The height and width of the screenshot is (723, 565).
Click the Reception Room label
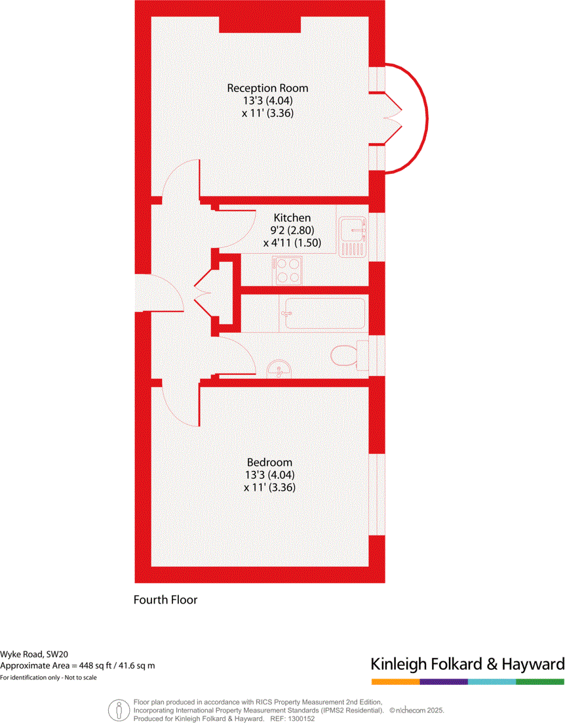tap(267, 88)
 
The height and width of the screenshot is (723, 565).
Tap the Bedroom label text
tap(269, 463)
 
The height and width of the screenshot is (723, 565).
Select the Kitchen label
tap(292, 218)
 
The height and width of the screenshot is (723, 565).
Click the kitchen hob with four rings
tap(288, 270)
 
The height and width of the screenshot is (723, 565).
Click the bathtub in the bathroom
tap(322, 313)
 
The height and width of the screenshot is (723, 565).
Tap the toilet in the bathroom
tap(345, 356)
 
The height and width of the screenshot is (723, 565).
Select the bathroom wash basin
tap(281, 368)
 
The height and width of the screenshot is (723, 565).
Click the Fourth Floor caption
tap(165, 600)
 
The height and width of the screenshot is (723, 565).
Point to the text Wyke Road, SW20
tap(33, 654)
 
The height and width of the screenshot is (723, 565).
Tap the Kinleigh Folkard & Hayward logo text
tap(467, 664)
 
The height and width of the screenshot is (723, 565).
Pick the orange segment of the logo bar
tap(395, 682)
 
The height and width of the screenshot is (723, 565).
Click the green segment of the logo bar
tap(540, 682)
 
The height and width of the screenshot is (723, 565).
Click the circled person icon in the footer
tap(119, 710)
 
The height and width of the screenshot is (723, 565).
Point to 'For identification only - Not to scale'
tap(49, 678)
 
